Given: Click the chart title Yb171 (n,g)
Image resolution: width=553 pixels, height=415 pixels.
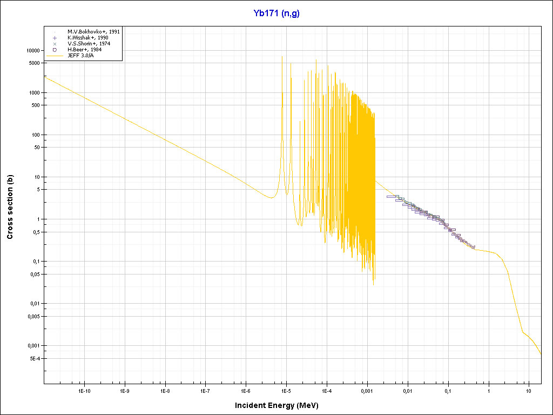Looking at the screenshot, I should point(276,14).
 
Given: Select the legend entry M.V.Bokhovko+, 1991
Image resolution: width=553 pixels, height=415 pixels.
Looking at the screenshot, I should point(93,32).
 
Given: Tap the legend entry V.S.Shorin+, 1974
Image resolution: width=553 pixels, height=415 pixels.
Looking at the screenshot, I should point(89,44).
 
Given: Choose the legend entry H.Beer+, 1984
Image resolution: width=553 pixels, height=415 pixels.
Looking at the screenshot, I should point(85,50).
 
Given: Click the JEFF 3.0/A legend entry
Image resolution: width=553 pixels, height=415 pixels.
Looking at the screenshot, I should point(82,55).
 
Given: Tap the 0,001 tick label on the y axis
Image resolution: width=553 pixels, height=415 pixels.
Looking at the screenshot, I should point(33,345).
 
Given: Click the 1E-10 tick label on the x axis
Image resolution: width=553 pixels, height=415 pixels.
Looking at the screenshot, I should point(84,390).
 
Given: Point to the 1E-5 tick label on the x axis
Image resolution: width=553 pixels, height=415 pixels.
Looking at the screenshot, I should point(286,390).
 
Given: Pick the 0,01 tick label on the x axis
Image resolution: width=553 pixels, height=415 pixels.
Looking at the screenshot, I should point(408,390).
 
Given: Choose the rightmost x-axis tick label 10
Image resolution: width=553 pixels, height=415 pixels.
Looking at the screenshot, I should point(529,390).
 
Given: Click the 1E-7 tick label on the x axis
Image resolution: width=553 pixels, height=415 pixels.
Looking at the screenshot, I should point(205,390).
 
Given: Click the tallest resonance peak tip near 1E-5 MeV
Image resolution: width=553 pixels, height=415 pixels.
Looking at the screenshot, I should point(282,56).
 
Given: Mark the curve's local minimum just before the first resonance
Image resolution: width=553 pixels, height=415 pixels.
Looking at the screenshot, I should point(270,198).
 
